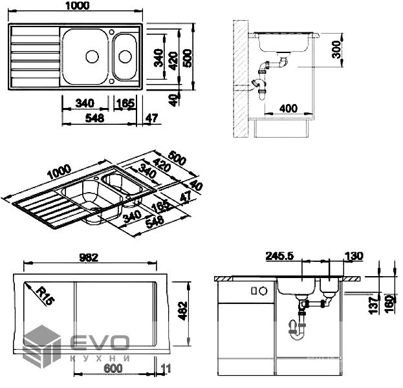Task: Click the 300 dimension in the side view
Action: (336, 49)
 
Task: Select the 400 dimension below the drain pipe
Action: (289, 108)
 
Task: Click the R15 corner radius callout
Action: (45, 296)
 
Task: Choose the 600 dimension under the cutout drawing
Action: (113, 368)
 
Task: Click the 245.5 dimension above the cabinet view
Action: (279, 256)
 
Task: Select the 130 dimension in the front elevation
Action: (354, 256)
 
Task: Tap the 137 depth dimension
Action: (373, 305)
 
